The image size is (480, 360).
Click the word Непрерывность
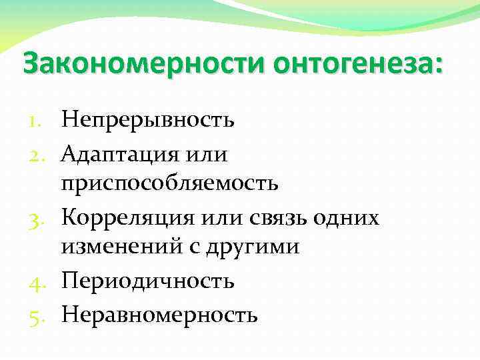tap(148, 120)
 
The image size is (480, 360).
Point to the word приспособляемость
tap(170, 183)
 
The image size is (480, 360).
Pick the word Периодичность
tap(148, 280)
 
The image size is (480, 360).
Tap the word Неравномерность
tap(159, 313)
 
